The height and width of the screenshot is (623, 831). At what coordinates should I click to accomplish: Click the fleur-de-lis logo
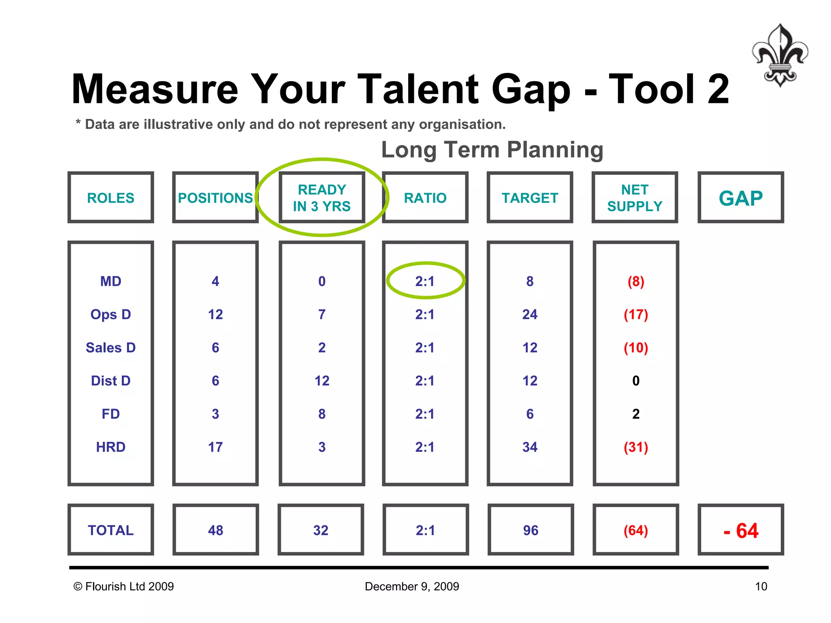pos(780,55)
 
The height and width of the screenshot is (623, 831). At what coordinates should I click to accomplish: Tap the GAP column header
pos(741,198)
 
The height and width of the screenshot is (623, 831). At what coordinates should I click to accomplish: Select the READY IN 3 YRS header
pos(322,198)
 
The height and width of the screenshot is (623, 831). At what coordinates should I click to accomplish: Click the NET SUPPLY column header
pos(635,198)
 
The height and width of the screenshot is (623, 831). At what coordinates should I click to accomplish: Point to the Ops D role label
pos(110,314)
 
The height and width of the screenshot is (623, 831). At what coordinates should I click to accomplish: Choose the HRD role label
pos(110,447)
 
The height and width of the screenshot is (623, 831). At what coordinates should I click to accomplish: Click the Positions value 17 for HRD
pos(215,447)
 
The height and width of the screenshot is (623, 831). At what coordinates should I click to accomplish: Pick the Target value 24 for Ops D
pos(530,314)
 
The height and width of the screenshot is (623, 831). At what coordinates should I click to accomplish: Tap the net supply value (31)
pos(636,447)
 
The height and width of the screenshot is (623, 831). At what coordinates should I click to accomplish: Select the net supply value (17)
pos(636,314)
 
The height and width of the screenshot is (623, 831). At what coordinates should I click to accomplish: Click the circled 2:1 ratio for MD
pos(425,281)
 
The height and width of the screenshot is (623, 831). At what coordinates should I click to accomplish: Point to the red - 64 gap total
pos(741,531)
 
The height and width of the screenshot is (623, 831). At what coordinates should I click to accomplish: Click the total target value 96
pos(530,530)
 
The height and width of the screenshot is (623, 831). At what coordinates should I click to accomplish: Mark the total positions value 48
pos(215,530)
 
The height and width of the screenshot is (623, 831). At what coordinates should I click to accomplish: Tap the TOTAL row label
pos(110,530)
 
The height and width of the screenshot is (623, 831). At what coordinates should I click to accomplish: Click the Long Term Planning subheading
pos(492,150)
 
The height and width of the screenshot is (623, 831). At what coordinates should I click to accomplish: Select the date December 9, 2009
pos(412,586)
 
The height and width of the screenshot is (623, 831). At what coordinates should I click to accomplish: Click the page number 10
pos(761,586)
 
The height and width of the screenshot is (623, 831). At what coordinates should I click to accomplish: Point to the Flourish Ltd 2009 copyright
pos(124,586)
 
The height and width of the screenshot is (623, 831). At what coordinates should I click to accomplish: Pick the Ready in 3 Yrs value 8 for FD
pos(322,414)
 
